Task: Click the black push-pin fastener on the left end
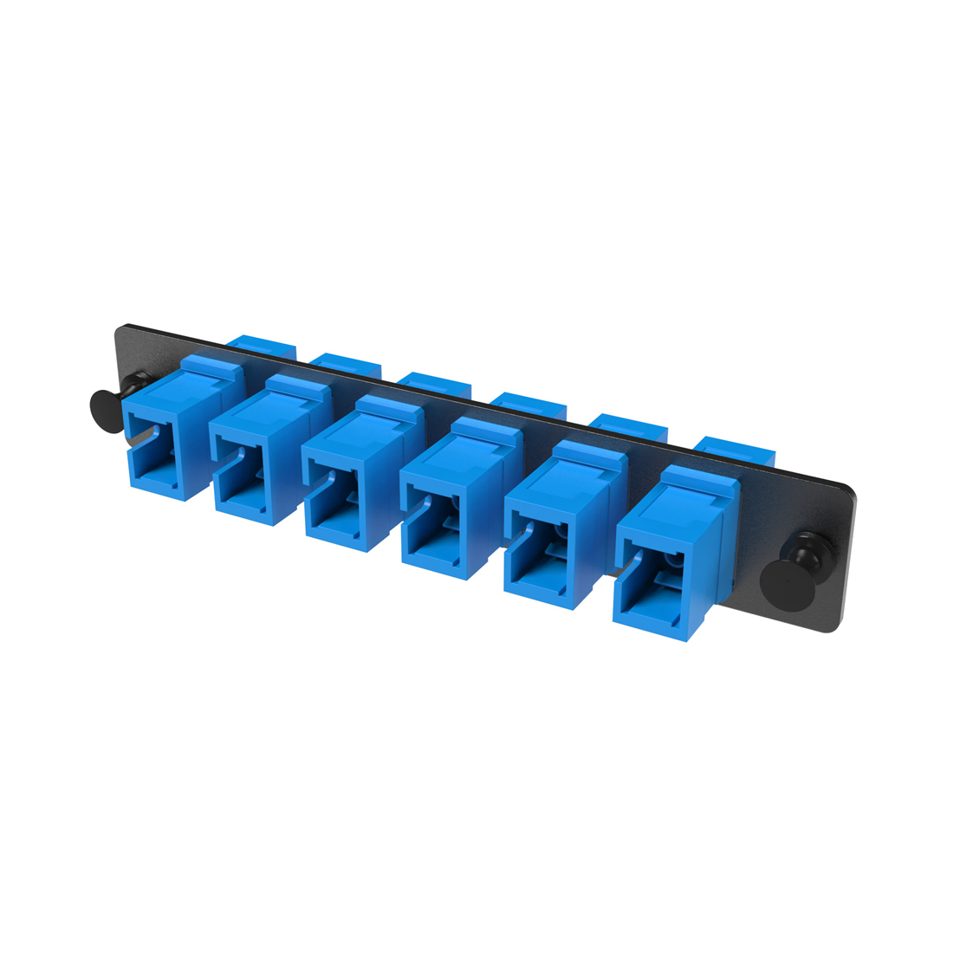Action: (x=108, y=410)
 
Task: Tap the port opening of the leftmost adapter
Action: (x=156, y=459)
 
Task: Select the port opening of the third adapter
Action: (x=338, y=511)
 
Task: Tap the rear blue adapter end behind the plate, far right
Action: (x=736, y=451)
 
